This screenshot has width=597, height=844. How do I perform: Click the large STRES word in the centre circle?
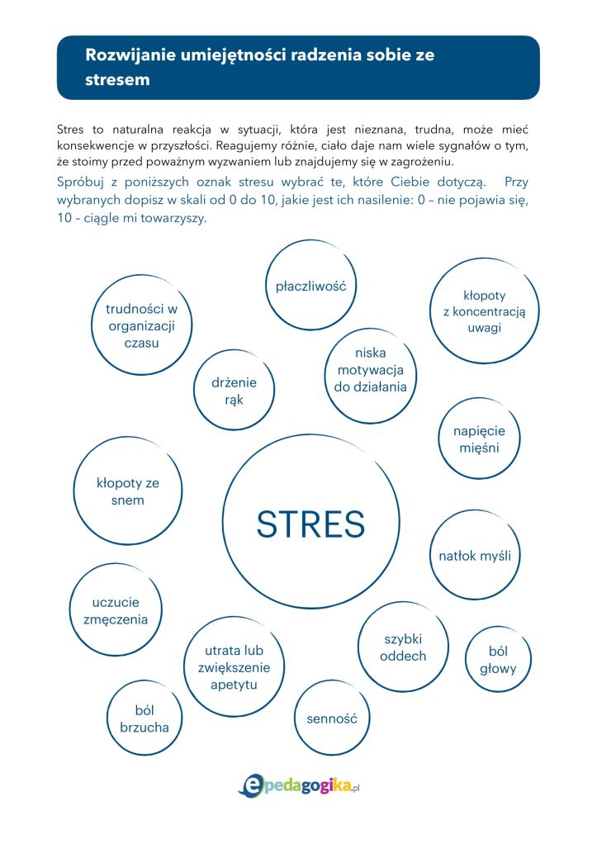(310, 524)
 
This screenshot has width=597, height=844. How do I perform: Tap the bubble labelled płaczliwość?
(310, 286)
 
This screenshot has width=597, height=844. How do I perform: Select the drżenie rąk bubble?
(235, 391)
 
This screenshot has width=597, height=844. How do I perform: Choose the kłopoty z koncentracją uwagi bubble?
(484, 311)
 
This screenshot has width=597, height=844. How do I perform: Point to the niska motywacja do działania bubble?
(370, 369)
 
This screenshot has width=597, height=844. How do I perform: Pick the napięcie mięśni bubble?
(479, 439)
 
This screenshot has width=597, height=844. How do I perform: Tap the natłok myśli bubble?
(475, 555)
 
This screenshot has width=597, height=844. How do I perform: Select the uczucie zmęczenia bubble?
(116, 610)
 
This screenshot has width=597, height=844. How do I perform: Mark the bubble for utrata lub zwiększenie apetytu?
(234, 667)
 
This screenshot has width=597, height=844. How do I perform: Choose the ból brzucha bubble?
(145, 718)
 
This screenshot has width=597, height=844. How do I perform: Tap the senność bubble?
(331, 718)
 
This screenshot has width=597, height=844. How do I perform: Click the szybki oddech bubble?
(403, 647)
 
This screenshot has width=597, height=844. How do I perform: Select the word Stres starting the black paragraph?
(72, 130)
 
